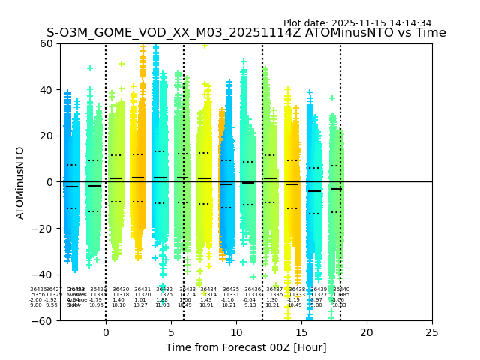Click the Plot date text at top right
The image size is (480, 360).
click(357, 23)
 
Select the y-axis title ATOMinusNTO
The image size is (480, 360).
click(20, 182)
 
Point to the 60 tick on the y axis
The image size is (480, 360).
click(47, 43)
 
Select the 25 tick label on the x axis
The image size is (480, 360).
click(432, 332)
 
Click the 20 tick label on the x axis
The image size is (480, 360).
click(367, 332)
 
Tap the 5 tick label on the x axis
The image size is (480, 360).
click(171, 332)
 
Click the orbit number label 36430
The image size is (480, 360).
click(121, 289)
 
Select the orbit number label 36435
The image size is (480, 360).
click(231, 289)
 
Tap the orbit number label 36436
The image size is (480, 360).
click(253, 289)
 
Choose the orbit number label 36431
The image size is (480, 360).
click(142, 289)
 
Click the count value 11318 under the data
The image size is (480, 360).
click(121, 295)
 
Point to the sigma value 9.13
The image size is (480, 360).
click(250, 305)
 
